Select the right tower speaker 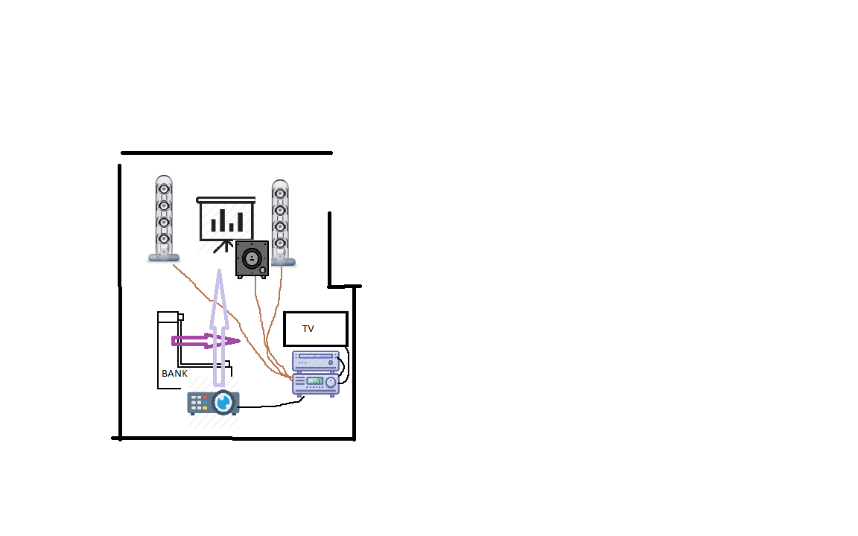[x=282, y=223]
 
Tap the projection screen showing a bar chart [x=226, y=219]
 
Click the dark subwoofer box [x=252, y=259]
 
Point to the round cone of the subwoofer [x=252, y=258]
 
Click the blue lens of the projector [x=223, y=403]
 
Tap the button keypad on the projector [x=199, y=403]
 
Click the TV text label [x=308, y=329]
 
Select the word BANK [x=174, y=374]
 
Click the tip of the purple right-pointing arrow [x=240, y=341]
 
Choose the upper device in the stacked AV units [x=316, y=361]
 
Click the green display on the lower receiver [x=314, y=380]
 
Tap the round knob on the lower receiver [x=331, y=383]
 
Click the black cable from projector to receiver [x=272, y=405]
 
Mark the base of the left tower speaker [x=164, y=258]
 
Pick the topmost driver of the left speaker [x=164, y=189]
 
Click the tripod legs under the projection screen [x=223, y=246]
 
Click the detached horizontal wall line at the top [x=226, y=153]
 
